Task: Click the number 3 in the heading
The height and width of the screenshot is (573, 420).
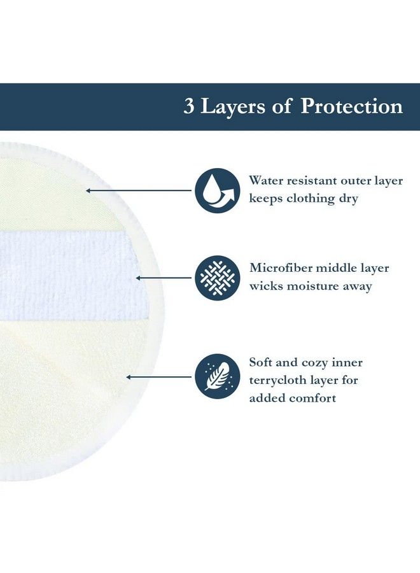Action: pos(189,107)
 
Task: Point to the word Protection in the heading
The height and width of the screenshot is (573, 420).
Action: pos(351,107)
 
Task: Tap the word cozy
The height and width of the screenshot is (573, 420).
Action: pos(312,362)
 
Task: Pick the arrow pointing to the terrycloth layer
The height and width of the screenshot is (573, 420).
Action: pos(159,376)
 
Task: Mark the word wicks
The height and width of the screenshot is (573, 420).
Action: pos(267,286)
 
